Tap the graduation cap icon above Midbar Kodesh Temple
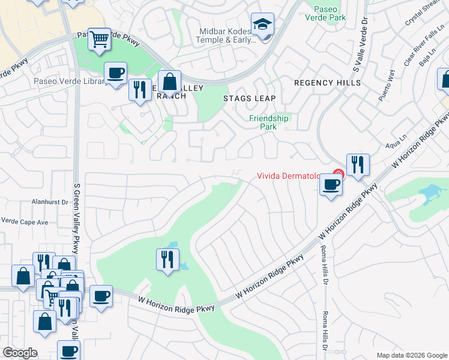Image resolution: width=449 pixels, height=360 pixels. click(262, 25)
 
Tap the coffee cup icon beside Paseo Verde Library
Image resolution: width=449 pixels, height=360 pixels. click(115, 74)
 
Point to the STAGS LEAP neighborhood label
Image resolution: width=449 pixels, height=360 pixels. click(249, 98)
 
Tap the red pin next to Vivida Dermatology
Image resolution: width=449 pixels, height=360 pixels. click(338, 175)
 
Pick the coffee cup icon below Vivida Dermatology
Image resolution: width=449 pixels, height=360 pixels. click(330, 185)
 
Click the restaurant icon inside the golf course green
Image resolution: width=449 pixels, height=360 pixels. click(167, 259)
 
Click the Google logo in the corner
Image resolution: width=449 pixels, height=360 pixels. click(20, 353)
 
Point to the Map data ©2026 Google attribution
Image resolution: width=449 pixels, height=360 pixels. click(412, 355)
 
